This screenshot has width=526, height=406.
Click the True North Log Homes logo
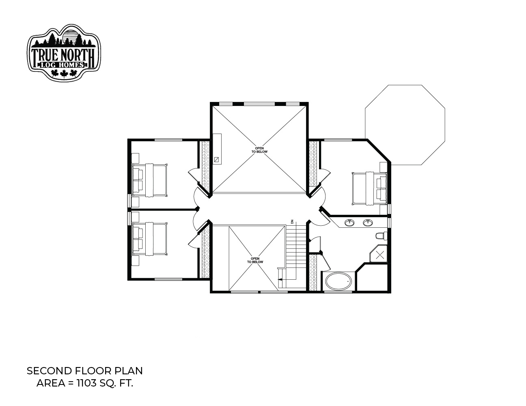(x=64, y=53)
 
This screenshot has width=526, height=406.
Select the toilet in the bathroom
(x=381, y=236)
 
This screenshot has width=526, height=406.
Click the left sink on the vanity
(x=349, y=222)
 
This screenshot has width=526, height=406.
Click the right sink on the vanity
(x=367, y=222)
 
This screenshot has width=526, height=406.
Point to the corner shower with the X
(x=379, y=254)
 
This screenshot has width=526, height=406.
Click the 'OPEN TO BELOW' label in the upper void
(x=259, y=150)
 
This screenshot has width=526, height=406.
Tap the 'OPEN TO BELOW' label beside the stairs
(x=255, y=260)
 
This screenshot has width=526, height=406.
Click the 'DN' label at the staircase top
(x=292, y=222)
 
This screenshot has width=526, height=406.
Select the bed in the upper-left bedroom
(x=149, y=180)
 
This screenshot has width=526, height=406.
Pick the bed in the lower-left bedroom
(x=149, y=239)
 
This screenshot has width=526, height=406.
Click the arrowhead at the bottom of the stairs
(x=280, y=279)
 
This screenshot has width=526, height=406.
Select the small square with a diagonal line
(x=217, y=160)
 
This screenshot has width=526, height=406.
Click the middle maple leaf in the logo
(x=64, y=73)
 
